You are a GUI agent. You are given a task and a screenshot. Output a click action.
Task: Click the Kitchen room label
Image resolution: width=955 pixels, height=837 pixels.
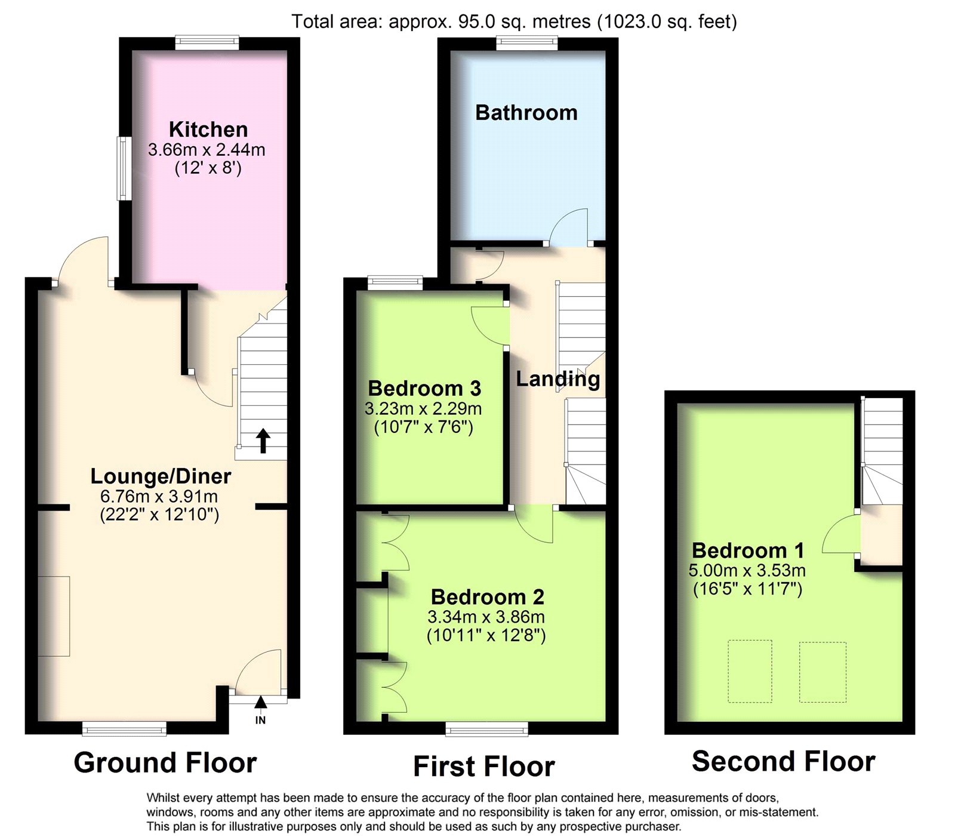[x=208, y=129]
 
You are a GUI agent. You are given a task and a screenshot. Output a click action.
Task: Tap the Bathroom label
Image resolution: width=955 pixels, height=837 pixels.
[x=526, y=112]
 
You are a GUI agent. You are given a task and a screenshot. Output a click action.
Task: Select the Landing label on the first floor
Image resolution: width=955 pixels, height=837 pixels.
[x=558, y=379]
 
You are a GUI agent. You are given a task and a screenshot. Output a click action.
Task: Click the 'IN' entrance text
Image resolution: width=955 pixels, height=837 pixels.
[x=260, y=720]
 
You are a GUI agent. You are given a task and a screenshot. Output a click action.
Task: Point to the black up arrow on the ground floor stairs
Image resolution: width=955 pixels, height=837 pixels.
[x=263, y=441]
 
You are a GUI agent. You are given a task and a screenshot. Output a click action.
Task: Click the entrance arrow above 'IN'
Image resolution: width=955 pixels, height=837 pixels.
[x=260, y=702]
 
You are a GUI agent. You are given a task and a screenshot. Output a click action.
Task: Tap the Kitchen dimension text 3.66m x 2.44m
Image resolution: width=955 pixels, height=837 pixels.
[x=207, y=150]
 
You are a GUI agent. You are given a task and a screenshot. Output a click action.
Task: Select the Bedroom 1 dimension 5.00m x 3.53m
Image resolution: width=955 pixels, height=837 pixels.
[x=747, y=570]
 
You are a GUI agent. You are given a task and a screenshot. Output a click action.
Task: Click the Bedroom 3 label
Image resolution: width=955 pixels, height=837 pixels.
[x=424, y=388]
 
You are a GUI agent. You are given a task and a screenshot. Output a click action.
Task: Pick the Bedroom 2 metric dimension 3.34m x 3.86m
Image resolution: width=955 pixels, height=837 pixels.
[x=486, y=617]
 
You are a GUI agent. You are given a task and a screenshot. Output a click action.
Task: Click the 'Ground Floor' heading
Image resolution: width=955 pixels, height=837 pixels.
[x=165, y=762]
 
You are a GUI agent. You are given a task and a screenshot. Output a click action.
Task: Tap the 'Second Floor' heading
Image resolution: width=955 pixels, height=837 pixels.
[x=784, y=761]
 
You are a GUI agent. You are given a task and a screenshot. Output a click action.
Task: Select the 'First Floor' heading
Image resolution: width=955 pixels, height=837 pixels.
[x=484, y=766]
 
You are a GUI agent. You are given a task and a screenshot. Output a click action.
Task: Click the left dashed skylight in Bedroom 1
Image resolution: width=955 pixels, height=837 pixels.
[x=750, y=671]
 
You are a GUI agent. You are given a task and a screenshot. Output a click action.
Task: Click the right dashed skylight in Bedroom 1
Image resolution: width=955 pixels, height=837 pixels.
[x=822, y=672]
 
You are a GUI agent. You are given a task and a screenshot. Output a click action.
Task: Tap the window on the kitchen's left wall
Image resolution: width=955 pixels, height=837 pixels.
[x=124, y=168]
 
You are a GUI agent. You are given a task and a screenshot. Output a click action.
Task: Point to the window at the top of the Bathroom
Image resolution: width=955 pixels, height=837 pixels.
[x=527, y=42]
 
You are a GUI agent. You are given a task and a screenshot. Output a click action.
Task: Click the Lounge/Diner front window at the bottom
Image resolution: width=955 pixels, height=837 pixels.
[x=124, y=728]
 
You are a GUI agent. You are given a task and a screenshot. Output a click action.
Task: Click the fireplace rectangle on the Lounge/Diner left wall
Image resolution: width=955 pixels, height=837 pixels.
[x=54, y=616]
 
